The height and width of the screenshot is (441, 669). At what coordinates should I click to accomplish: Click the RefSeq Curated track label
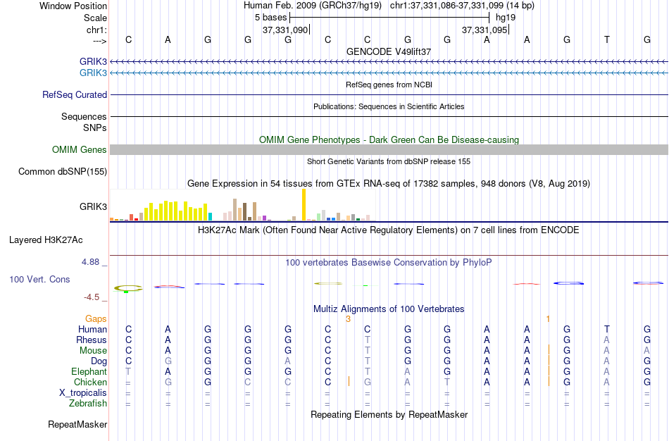click(x=75, y=95)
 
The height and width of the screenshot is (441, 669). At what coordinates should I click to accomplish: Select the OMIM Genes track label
click(x=79, y=149)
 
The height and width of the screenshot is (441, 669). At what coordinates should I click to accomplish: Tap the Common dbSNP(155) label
click(x=62, y=171)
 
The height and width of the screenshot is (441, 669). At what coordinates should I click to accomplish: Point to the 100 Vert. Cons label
click(x=39, y=280)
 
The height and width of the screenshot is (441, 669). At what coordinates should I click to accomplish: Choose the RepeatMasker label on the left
click(x=77, y=425)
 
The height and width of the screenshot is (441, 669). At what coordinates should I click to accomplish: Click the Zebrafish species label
click(x=88, y=404)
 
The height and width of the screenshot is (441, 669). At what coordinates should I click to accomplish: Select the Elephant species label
click(x=89, y=372)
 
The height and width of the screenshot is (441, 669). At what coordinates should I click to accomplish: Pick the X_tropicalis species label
click(x=83, y=393)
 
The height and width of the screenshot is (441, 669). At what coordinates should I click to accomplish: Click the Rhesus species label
click(x=92, y=340)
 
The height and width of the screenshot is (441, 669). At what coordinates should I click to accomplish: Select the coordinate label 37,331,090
click(x=285, y=30)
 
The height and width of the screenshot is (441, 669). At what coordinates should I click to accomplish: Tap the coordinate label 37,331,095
click(x=484, y=30)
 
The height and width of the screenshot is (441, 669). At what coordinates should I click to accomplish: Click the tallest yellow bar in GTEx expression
click(x=304, y=205)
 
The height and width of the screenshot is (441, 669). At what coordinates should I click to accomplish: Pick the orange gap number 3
click(x=348, y=319)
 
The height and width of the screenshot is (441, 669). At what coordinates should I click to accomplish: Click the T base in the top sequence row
click(x=607, y=40)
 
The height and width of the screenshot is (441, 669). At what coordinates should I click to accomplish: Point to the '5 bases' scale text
click(x=271, y=17)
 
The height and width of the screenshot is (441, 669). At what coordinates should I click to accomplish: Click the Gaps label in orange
click(x=96, y=319)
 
